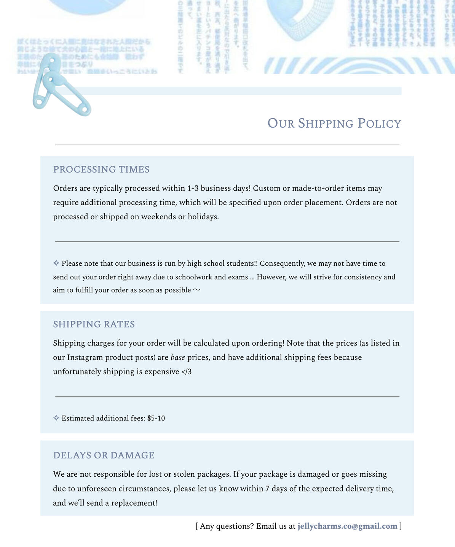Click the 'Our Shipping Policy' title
(334, 124)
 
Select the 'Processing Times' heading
(101, 170)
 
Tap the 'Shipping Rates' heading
(94, 324)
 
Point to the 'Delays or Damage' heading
(104, 455)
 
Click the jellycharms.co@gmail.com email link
(347, 526)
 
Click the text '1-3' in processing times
(193, 189)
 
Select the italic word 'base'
(178, 358)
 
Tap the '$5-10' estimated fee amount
(156, 419)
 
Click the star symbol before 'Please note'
(56, 263)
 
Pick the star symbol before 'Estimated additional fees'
(56, 418)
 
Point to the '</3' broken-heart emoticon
(186, 372)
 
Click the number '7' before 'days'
(268, 489)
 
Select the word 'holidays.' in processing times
(203, 217)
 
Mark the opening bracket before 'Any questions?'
(196, 526)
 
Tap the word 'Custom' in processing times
(265, 189)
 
